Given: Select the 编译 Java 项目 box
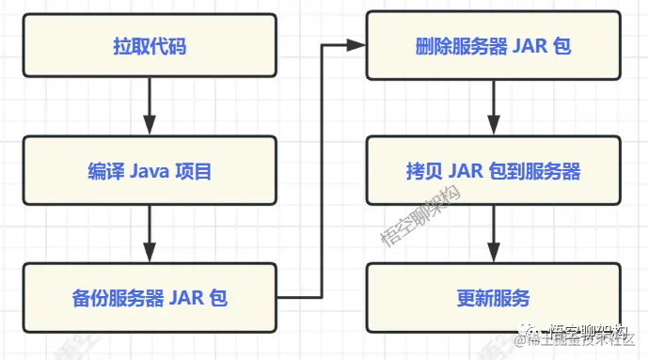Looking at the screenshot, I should click(x=150, y=172).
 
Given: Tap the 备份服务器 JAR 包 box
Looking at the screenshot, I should click(x=150, y=299).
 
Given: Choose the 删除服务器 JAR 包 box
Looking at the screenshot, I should click(x=494, y=45).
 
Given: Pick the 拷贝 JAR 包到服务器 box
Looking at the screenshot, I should click(x=494, y=172).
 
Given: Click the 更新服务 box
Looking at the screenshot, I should click(x=494, y=299).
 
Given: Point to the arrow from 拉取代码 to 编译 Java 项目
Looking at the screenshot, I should click(x=150, y=107).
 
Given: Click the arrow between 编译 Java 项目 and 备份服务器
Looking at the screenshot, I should click(x=150, y=234).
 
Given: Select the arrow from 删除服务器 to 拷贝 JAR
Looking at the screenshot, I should click(x=494, y=107).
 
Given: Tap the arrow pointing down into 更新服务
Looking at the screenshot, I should click(x=494, y=234).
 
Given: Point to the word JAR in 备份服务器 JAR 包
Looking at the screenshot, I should click(x=187, y=299).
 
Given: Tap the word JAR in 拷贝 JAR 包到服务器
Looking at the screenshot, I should click(x=467, y=172).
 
